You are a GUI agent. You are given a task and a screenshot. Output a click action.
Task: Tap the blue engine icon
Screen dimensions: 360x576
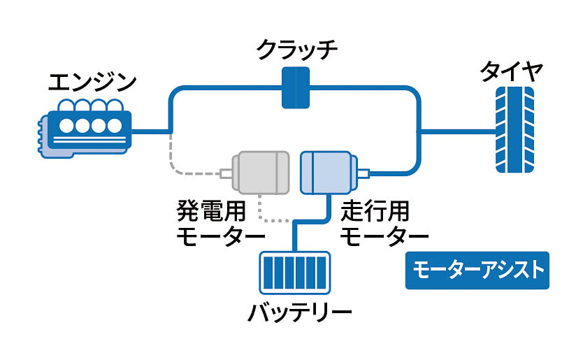point(82,127)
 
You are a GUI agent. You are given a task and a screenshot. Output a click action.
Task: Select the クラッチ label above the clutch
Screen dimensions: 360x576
point(296,50)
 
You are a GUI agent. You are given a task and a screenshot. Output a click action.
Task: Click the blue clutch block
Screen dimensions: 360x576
point(296,88)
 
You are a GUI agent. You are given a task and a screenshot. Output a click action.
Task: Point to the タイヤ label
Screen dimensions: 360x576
point(512,71)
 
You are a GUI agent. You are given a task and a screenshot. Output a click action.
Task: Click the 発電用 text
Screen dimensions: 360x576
point(210,210)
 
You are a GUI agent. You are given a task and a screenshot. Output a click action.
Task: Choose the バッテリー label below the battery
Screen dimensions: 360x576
point(299,313)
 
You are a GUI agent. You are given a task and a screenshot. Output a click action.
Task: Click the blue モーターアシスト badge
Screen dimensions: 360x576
point(477,271)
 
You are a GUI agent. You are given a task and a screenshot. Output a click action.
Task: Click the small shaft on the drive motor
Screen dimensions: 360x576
point(363,173)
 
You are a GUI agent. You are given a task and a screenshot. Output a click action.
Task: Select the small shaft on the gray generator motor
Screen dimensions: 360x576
point(227,173)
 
